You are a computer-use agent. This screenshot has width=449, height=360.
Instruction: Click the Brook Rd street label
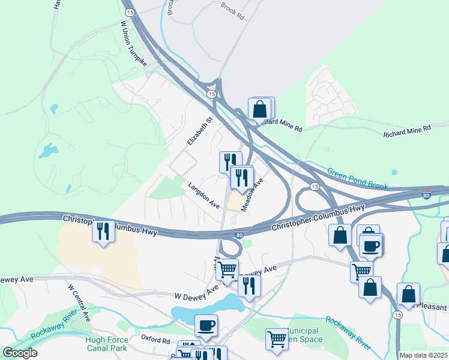[232, 10]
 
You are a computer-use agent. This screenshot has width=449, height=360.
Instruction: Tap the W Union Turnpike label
[133, 44]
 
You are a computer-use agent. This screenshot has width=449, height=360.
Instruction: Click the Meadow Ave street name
[252, 194]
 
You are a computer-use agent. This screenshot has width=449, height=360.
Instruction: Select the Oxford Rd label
[155, 339]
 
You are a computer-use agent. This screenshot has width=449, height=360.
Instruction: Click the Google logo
[20, 353]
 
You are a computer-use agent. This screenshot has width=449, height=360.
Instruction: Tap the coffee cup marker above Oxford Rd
[206, 326]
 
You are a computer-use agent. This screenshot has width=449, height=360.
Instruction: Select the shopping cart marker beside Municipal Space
[276, 338]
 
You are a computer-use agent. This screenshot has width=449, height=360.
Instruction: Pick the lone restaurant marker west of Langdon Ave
[103, 231]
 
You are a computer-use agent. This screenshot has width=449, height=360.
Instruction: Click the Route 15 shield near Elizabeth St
[211, 94]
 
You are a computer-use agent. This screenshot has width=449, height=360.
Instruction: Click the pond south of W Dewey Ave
[204, 308]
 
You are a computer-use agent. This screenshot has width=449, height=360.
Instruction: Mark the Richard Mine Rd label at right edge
[407, 129]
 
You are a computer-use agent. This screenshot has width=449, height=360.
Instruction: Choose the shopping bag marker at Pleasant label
[408, 295]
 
